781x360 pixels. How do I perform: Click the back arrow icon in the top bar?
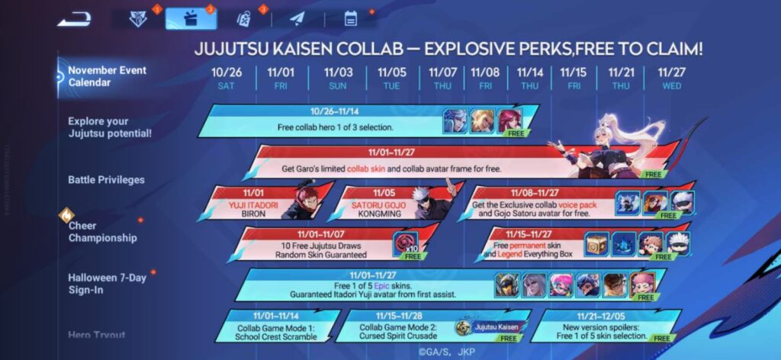pos(73,19)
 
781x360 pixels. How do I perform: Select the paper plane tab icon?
pos(297,18)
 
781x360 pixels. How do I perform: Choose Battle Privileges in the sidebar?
pos(106,180)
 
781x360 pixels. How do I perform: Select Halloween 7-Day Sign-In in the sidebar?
pos(107,283)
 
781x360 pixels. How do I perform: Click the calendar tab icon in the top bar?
pos(351,18)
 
